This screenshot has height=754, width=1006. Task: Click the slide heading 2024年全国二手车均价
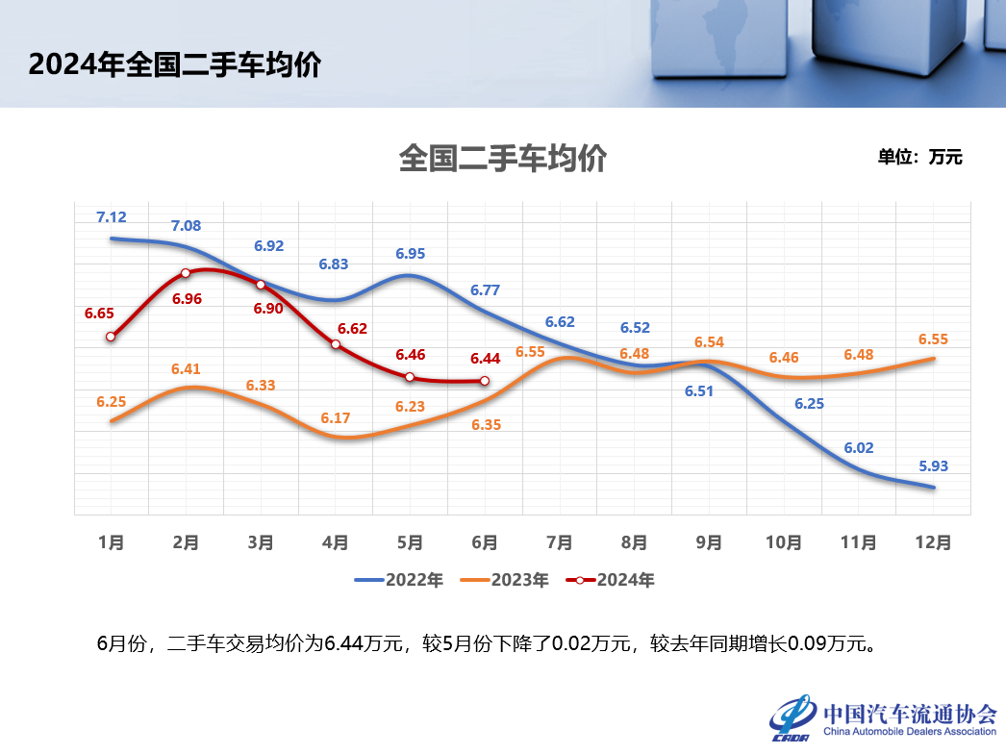[174, 64]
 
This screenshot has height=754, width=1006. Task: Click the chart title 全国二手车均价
[502, 158]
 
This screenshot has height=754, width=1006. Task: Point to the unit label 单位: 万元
[918, 158]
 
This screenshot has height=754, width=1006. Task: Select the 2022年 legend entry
[399, 580]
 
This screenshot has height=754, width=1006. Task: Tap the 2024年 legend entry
[611, 580]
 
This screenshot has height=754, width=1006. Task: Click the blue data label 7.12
[112, 217]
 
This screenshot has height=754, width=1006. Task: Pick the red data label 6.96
[187, 299]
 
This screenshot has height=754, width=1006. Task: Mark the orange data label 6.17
[336, 417]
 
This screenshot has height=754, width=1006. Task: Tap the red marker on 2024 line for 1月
[112, 337]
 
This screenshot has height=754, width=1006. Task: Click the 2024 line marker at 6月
[485, 381]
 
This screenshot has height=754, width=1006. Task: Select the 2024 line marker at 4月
[336, 344]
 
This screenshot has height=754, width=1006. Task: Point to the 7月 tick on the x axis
[559, 542]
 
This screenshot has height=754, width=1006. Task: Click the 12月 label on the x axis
[933, 542]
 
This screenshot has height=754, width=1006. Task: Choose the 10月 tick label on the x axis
[783, 542]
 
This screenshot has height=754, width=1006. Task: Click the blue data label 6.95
[411, 254]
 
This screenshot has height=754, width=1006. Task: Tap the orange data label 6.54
[709, 342]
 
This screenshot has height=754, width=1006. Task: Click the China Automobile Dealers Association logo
[883, 718]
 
